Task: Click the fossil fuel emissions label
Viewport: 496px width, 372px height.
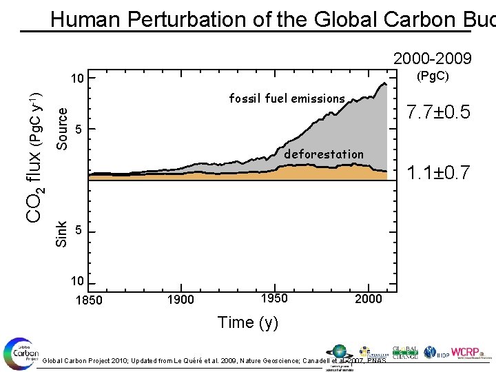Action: pos(287,99)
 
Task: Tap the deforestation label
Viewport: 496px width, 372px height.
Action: pos(323,154)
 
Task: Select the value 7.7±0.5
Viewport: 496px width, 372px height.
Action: pos(439,111)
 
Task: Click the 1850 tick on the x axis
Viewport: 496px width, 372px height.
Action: pos(89,300)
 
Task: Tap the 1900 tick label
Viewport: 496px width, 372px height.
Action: pos(180,300)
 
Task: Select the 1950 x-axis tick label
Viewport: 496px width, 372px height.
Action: pos(273,298)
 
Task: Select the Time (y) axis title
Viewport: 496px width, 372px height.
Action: pos(247,322)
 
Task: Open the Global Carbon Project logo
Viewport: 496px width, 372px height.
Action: pos(21,352)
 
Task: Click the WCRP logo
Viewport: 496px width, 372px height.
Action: pos(468,351)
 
